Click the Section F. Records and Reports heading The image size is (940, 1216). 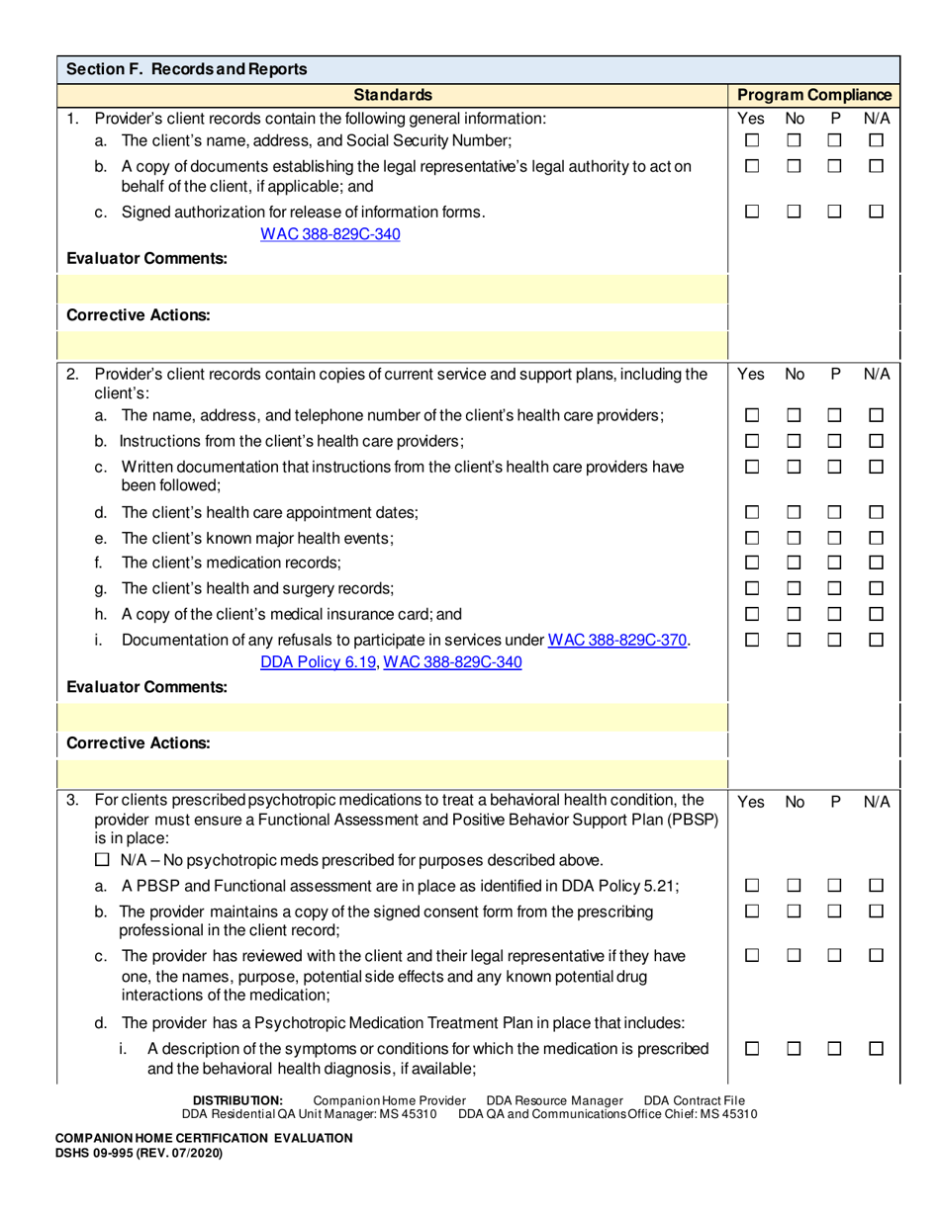[186, 69]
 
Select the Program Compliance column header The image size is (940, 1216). [814, 95]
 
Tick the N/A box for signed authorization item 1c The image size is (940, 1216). [876, 212]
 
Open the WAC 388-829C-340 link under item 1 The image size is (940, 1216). [329, 234]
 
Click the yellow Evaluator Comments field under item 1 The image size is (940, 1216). [393, 290]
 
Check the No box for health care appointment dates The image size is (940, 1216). [793, 512]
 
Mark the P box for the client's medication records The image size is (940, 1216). [834, 564]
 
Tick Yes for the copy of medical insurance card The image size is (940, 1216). [751, 615]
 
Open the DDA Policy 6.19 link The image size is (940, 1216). [318, 662]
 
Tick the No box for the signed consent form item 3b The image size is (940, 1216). [793, 912]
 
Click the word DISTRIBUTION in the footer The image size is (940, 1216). [237, 1100]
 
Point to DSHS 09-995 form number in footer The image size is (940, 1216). [138, 1152]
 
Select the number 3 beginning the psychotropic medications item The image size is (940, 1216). [72, 800]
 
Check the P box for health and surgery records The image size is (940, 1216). [834, 589]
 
